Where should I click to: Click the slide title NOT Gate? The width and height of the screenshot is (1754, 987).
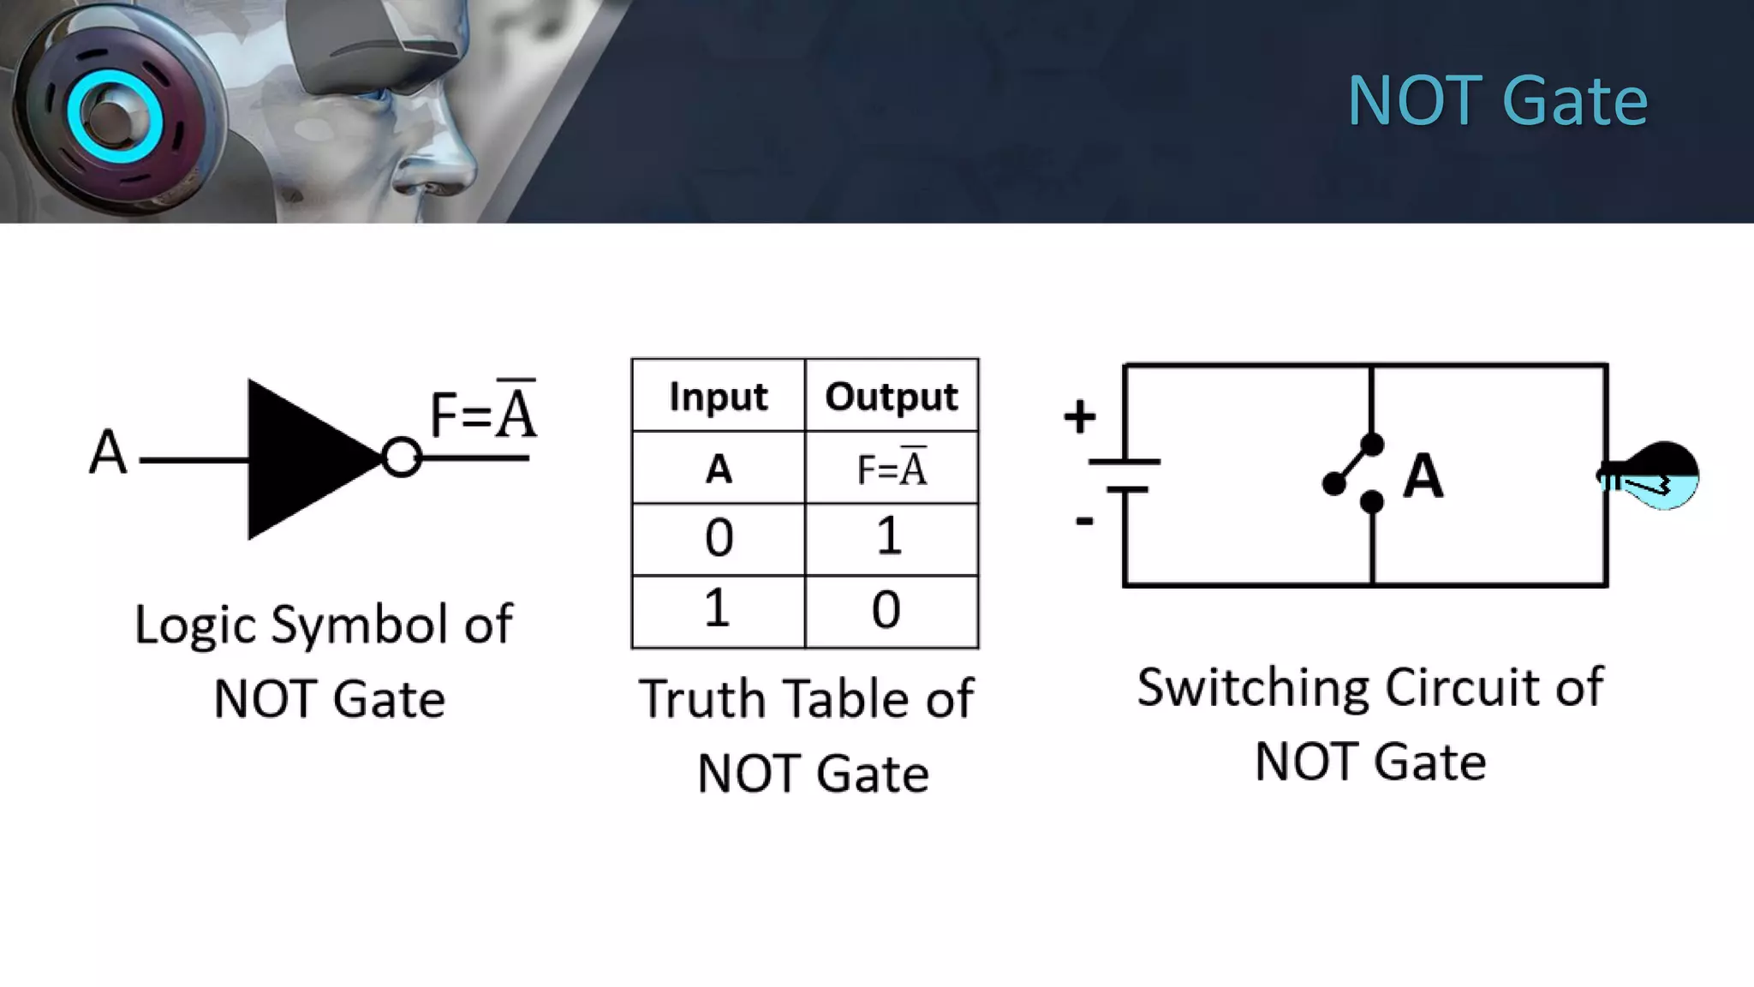[1497, 101]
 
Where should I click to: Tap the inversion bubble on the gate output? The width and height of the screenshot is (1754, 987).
[401, 458]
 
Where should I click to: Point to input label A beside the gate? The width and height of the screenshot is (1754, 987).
[108, 452]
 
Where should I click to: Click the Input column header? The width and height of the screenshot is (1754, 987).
[719, 396]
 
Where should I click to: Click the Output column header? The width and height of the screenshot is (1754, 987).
[891, 396]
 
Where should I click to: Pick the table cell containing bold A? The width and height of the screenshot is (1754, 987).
[719, 469]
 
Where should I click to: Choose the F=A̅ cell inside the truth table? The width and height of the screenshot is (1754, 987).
[892, 468]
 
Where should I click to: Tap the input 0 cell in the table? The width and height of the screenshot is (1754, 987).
[719, 538]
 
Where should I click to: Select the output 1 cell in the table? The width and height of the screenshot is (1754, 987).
[890, 537]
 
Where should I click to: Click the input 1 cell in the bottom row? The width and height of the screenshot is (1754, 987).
[718, 609]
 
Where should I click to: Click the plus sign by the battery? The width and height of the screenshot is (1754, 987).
[1079, 417]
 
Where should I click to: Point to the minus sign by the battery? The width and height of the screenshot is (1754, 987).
[1084, 520]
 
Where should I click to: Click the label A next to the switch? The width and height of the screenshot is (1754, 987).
[1423, 476]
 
